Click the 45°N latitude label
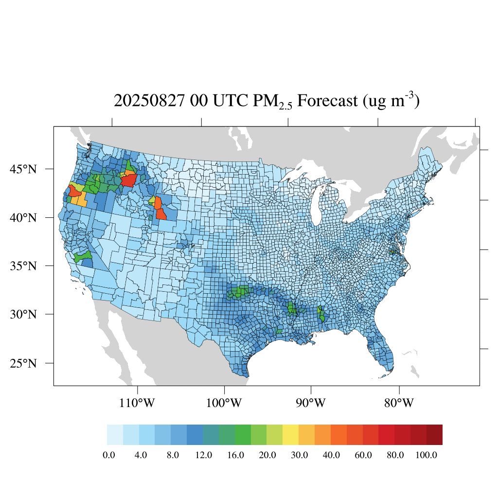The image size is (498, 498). (23, 169)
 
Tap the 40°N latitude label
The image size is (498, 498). (23, 217)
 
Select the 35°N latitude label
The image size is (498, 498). (23, 266)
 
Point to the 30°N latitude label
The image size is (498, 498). (23, 314)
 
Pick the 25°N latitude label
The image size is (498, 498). (23, 363)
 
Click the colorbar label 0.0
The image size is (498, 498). (109, 455)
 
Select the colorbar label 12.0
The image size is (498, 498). (203, 455)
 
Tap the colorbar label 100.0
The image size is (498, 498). (427, 455)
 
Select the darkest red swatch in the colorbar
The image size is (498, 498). (434, 435)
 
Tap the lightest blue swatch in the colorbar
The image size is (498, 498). (115, 435)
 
